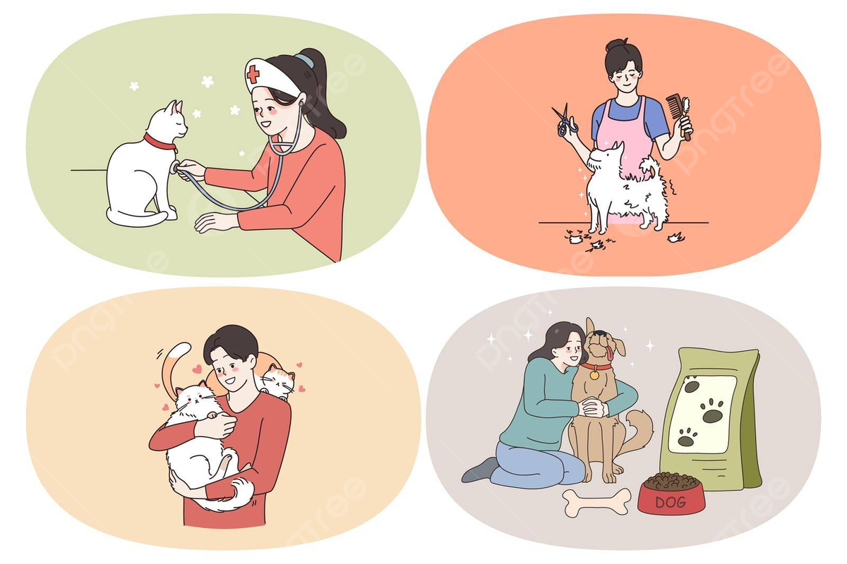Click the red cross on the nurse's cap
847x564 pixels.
click(253, 75)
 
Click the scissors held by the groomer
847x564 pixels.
click(565, 120)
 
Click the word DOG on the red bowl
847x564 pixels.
click(669, 502)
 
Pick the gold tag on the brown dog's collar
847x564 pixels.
click(594, 375)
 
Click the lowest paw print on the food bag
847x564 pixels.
click(686, 439)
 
